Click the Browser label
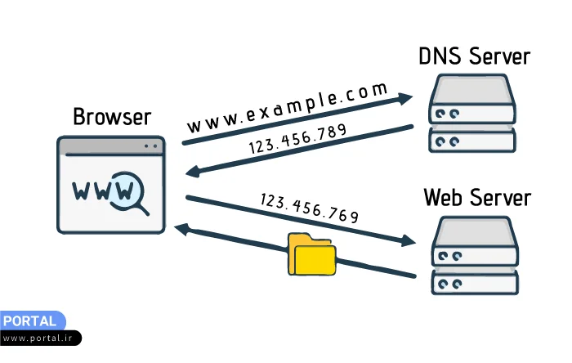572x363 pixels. click(x=112, y=116)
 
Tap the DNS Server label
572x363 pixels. click(x=474, y=56)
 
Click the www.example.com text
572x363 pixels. click(x=287, y=107)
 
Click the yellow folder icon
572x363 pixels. click(x=311, y=253)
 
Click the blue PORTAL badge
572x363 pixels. click(x=30, y=321)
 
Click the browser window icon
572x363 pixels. click(x=111, y=185)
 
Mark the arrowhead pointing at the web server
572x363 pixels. click(x=409, y=241)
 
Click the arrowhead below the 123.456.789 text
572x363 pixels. click(x=193, y=171)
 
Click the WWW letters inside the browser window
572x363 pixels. click(x=100, y=190)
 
